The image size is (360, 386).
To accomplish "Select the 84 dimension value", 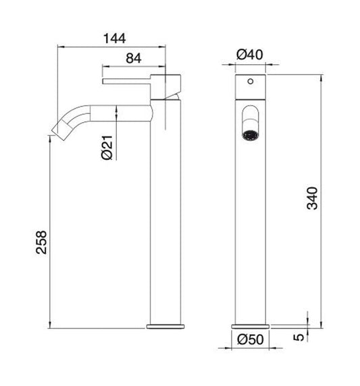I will click(x=133, y=59).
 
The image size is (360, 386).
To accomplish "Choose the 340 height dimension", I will click(x=311, y=198).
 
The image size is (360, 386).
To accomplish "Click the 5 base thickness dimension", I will click(x=298, y=336).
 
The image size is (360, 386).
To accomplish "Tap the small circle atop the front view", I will click(x=251, y=84).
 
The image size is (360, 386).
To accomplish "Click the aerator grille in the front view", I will click(x=249, y=132).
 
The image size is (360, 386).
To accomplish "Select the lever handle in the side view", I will click(x=128, y=82).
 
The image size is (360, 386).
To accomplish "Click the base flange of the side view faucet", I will click(x=165, y=326).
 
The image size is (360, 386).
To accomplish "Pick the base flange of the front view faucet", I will click(x=251, y=326).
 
